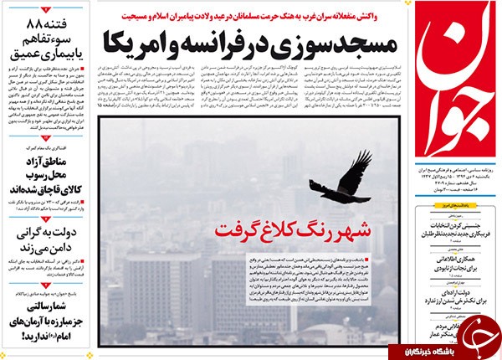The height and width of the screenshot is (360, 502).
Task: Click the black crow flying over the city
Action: tap(340, 178)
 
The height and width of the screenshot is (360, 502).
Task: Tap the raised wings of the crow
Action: tap(356, 165)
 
